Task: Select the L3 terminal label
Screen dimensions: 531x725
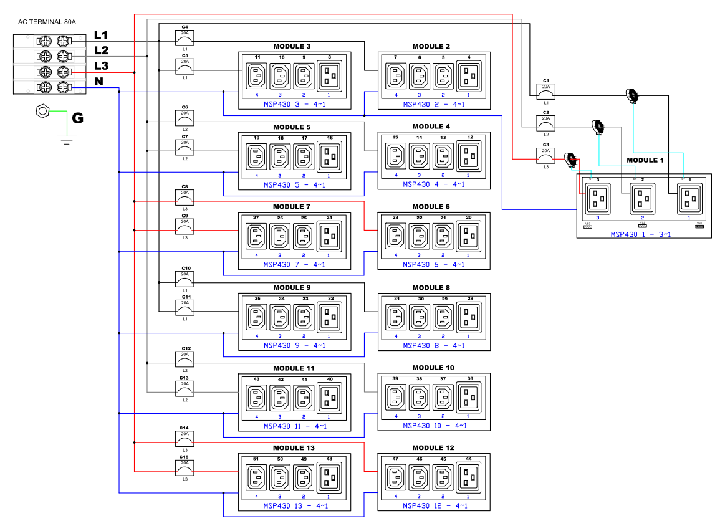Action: point(102,66)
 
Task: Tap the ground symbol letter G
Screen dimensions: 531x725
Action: point(78,117)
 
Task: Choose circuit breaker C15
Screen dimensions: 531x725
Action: point(185,467)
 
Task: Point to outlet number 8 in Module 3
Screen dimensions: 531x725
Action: point(330,75)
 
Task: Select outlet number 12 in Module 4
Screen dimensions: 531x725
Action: point(469,155)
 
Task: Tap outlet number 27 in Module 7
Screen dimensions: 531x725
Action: point(256,236)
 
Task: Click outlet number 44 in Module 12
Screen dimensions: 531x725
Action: point(469,477)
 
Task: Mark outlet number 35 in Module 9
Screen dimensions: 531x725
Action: point(256,316)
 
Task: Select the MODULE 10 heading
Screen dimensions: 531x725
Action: point(433,368)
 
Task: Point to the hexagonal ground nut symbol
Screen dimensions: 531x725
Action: point(42,112)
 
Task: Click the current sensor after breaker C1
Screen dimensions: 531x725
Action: point(632,95)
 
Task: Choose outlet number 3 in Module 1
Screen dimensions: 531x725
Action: point(598,198)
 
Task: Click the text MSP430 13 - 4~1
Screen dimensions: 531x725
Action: point(295,505)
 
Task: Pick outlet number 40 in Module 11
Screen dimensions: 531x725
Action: point(330,397)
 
